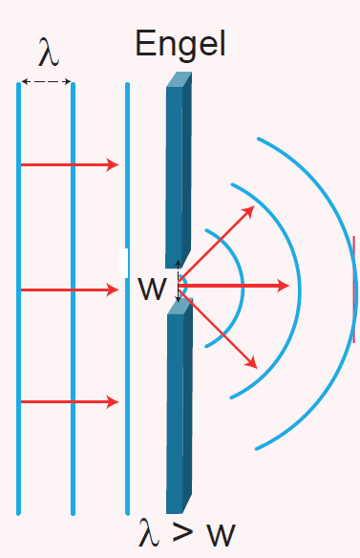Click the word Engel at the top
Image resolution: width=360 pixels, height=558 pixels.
[180, 45]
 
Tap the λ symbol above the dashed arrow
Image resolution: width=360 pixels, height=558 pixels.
[49, 53]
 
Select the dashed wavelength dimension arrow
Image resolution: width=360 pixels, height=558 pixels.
[46, 82]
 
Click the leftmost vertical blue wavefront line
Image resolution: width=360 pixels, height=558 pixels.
[18, 298]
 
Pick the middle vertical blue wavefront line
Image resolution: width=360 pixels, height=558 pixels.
[73, 298]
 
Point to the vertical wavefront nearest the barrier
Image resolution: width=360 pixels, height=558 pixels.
[127, 298]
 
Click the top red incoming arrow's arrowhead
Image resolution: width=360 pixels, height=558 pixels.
[113, 164]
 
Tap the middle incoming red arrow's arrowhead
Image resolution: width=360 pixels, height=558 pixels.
[113, 290]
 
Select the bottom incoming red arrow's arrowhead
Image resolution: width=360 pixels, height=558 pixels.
[113, 401]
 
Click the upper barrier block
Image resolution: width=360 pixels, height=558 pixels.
[179, 170]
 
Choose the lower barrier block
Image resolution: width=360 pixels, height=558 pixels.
[180, 406]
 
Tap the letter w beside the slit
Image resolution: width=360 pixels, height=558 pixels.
[152, 289]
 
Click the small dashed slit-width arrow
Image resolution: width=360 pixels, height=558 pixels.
[179, 281]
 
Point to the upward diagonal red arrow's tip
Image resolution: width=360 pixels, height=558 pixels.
[254, 206]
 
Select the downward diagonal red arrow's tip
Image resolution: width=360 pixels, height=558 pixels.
[257, 368]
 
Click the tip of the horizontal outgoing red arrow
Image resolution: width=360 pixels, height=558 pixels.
[289, 286]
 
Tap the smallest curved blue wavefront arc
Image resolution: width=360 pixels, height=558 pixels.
[244, 289]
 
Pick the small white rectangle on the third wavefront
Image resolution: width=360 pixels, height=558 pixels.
[123, 263]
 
